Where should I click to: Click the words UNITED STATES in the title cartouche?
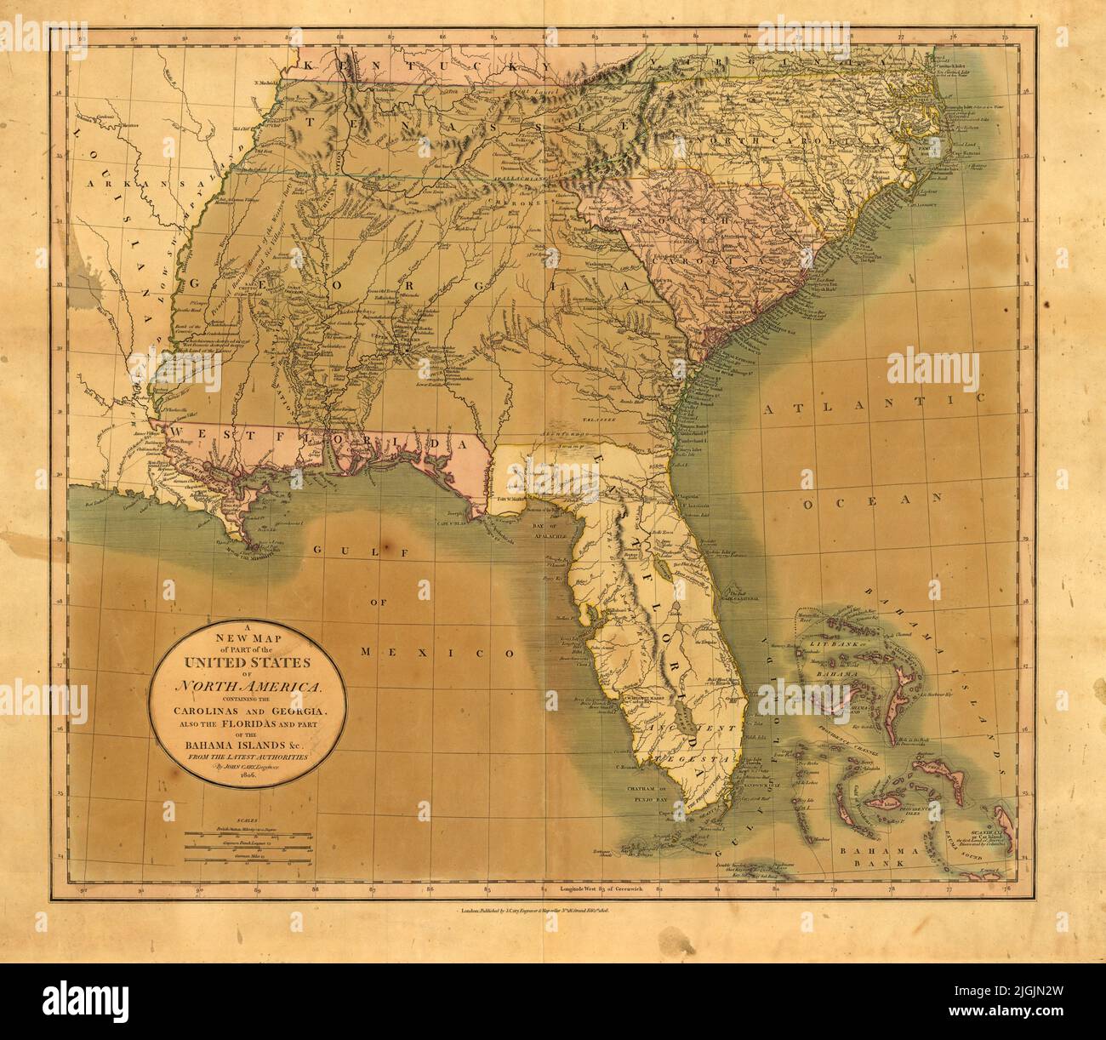(x=246, y=664)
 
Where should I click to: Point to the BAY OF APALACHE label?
(x=554, y=533)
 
